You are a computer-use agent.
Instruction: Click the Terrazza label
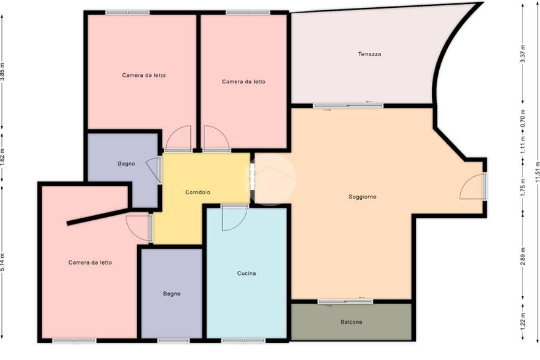click(x=369, y=54)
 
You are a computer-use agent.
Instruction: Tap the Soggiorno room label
click(x=362, y=197)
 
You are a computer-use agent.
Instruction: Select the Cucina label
click(x=246, y=273)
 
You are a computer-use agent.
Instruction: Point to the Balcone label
click(x=351, y=322)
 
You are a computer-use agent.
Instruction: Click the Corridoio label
click(x=198, y=192)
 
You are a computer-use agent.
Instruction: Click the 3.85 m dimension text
click(x=3, y=72)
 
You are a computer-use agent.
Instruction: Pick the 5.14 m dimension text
click(x=3, y=262)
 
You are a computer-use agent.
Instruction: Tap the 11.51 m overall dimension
click(x=537, y=172)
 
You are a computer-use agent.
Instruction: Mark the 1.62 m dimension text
click(x=3, y=157)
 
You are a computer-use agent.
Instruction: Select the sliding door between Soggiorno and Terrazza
click(x=348, y=105)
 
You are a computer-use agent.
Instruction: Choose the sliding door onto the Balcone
click(x=345, y=301)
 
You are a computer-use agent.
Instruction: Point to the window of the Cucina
click(x=243, y=340)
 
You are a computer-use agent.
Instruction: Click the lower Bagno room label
click(x=171, y=294)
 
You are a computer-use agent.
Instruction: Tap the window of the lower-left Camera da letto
click(x=74, y=340)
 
